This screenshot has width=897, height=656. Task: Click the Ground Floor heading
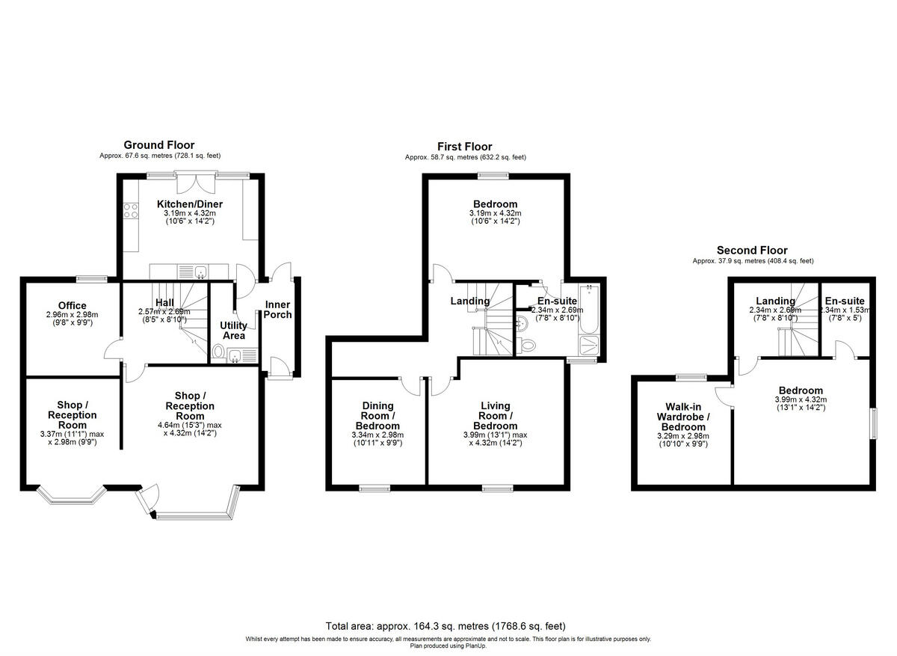(158, 145)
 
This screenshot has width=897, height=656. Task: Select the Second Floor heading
(751, 251)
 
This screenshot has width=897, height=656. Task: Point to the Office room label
(72, 305)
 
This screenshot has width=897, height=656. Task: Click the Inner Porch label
(277, 310)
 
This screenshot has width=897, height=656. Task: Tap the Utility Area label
(233, 331)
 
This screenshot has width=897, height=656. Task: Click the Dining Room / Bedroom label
(377, 416)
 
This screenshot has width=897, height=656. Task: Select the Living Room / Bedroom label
(496, 416)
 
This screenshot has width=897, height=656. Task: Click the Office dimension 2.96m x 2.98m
(72, 315)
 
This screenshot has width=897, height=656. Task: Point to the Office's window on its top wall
(92, 279)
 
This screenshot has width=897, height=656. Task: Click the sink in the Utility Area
(238, 356)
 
